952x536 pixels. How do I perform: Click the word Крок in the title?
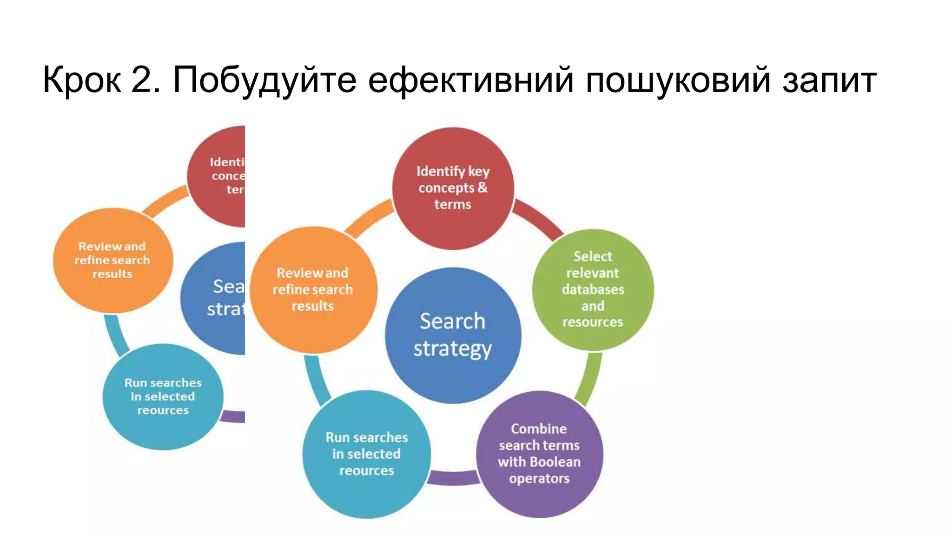click(82, 80)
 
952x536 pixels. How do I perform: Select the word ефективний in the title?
click(471, 80)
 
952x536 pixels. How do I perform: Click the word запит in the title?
click(829, 80)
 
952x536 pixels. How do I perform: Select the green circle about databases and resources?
click(593, 289)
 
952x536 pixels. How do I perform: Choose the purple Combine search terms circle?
click(539, 454)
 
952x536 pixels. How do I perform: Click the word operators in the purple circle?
click(539, 478)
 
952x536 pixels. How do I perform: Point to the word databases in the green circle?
click(593, 289)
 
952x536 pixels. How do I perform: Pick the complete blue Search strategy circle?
click(453, 335)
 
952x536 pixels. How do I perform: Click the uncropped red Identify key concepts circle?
click(453, 188)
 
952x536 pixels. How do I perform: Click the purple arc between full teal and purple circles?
click(453, 478)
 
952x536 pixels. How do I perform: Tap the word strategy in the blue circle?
click(452, 349)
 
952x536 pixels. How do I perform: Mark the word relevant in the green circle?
click(593, 273)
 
